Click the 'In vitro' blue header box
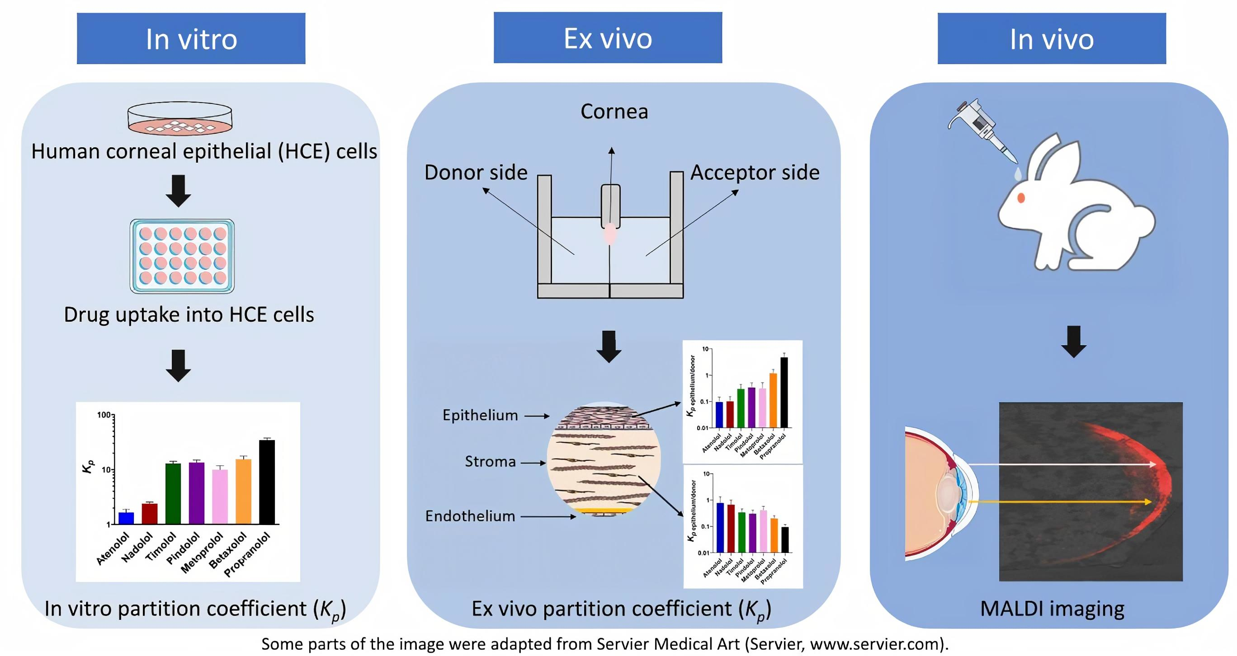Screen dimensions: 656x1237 click(x=191, y=38)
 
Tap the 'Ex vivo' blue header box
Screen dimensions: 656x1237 click(x=608, y=37)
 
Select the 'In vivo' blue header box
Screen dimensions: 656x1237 click(x=1051, y=38)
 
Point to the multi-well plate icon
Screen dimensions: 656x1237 click(x=182, y=256)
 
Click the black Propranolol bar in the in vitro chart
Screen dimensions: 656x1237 click(x=267, y=481)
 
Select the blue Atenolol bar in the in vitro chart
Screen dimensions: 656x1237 click(x=126, y=518)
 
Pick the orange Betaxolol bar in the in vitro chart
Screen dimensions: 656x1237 click(x=243, y=491)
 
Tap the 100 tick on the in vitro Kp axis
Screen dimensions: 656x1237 click(x=104, y=415)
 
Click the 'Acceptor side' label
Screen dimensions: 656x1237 click(x=755, y=172)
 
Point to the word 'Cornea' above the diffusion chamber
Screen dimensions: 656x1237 click(x=614, y=111)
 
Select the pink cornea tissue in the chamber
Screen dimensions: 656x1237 click(x=610, y=234)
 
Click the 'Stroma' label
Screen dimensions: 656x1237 click(x=490, y=462)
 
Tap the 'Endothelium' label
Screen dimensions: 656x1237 click(x=470, y=516)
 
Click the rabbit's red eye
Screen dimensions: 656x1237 click(x=1021, y=197)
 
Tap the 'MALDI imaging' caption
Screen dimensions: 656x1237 click(x=1052, y=609)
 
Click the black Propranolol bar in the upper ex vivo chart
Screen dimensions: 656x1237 click(x=784, y=392)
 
